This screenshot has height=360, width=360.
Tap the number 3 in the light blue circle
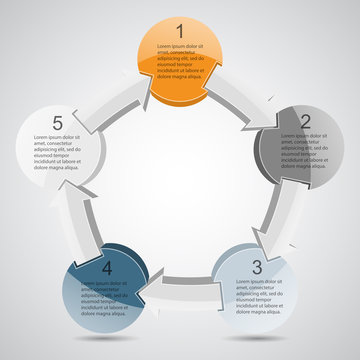tap(257, 267)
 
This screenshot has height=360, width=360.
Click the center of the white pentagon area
tap(180, 180)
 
